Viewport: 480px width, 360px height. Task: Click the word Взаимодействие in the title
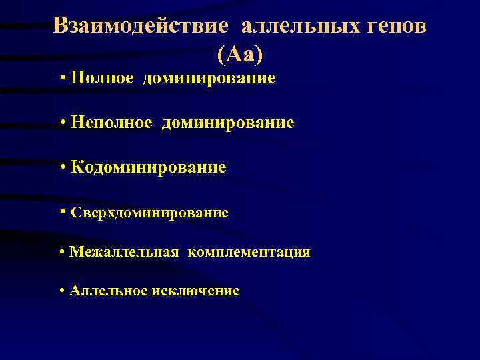[142, 26]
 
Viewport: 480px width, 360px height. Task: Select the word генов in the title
[396, 26]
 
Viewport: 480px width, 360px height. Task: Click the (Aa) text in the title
[240, 54]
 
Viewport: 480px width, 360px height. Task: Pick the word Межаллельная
[124, 252]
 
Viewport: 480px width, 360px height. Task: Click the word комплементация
[249, 252]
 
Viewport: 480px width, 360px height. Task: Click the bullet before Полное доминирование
[62, 79]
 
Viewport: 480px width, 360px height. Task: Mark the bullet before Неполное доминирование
[62, 123]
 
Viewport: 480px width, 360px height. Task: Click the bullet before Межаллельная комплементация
[62, 252]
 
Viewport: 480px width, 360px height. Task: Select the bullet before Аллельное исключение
[62, 291]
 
